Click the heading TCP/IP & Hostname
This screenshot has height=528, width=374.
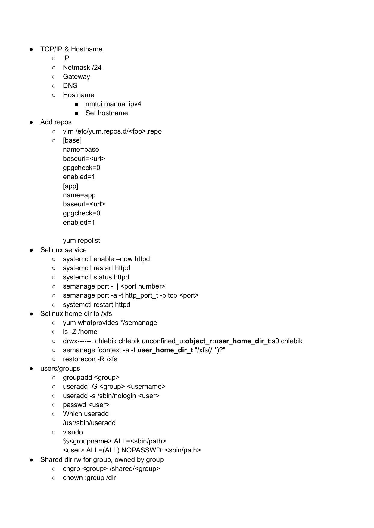coord(71,49)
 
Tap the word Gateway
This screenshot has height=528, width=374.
coord(76,77)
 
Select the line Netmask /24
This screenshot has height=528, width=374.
coord(82,67)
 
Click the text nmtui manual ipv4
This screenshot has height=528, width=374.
coord(113,104)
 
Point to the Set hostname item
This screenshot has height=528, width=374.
coord(107,113)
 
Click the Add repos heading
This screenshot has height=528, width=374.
coord(56,122)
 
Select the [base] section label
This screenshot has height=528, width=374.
coord(72,140)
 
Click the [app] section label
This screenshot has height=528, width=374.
coord(70,186)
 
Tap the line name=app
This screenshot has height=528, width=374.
coord(79,195)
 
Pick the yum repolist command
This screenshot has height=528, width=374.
coord(81,241)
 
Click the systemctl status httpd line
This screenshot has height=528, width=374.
coord(96,277)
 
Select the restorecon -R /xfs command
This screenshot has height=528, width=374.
coord(90,359)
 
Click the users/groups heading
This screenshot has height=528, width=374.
coord(60,368)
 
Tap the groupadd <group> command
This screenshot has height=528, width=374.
coord(91,377)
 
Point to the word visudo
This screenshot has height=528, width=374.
coord(73,432)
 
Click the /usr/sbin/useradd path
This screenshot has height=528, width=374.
coord(89,423)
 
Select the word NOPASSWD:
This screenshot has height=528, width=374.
coord(142,450)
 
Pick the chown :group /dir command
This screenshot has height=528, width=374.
coord(89,478)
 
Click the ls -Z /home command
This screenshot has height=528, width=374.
coord(80,332)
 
